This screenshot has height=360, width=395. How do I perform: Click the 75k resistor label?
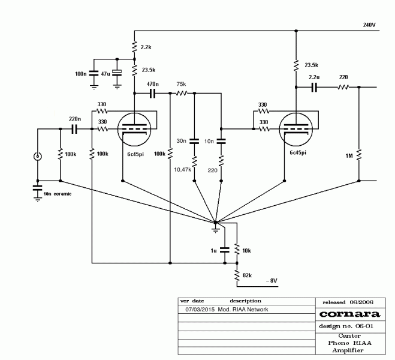pos(180,85)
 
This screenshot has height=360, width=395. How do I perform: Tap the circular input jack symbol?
pos(37,158)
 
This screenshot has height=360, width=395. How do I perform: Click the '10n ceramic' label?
pos(57,194)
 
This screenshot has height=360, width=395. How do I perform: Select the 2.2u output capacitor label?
pos(313,78)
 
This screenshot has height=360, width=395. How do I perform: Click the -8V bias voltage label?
pos(272,281)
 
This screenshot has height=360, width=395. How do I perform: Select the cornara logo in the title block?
pos(350,314)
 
